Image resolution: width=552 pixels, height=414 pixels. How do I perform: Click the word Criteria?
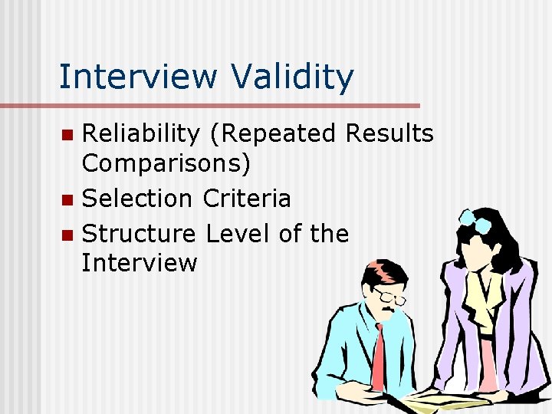pyautogui.click(x=247, y=199)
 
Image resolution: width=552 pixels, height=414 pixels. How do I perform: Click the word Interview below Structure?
pyautogui.click(x=140, y=263)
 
